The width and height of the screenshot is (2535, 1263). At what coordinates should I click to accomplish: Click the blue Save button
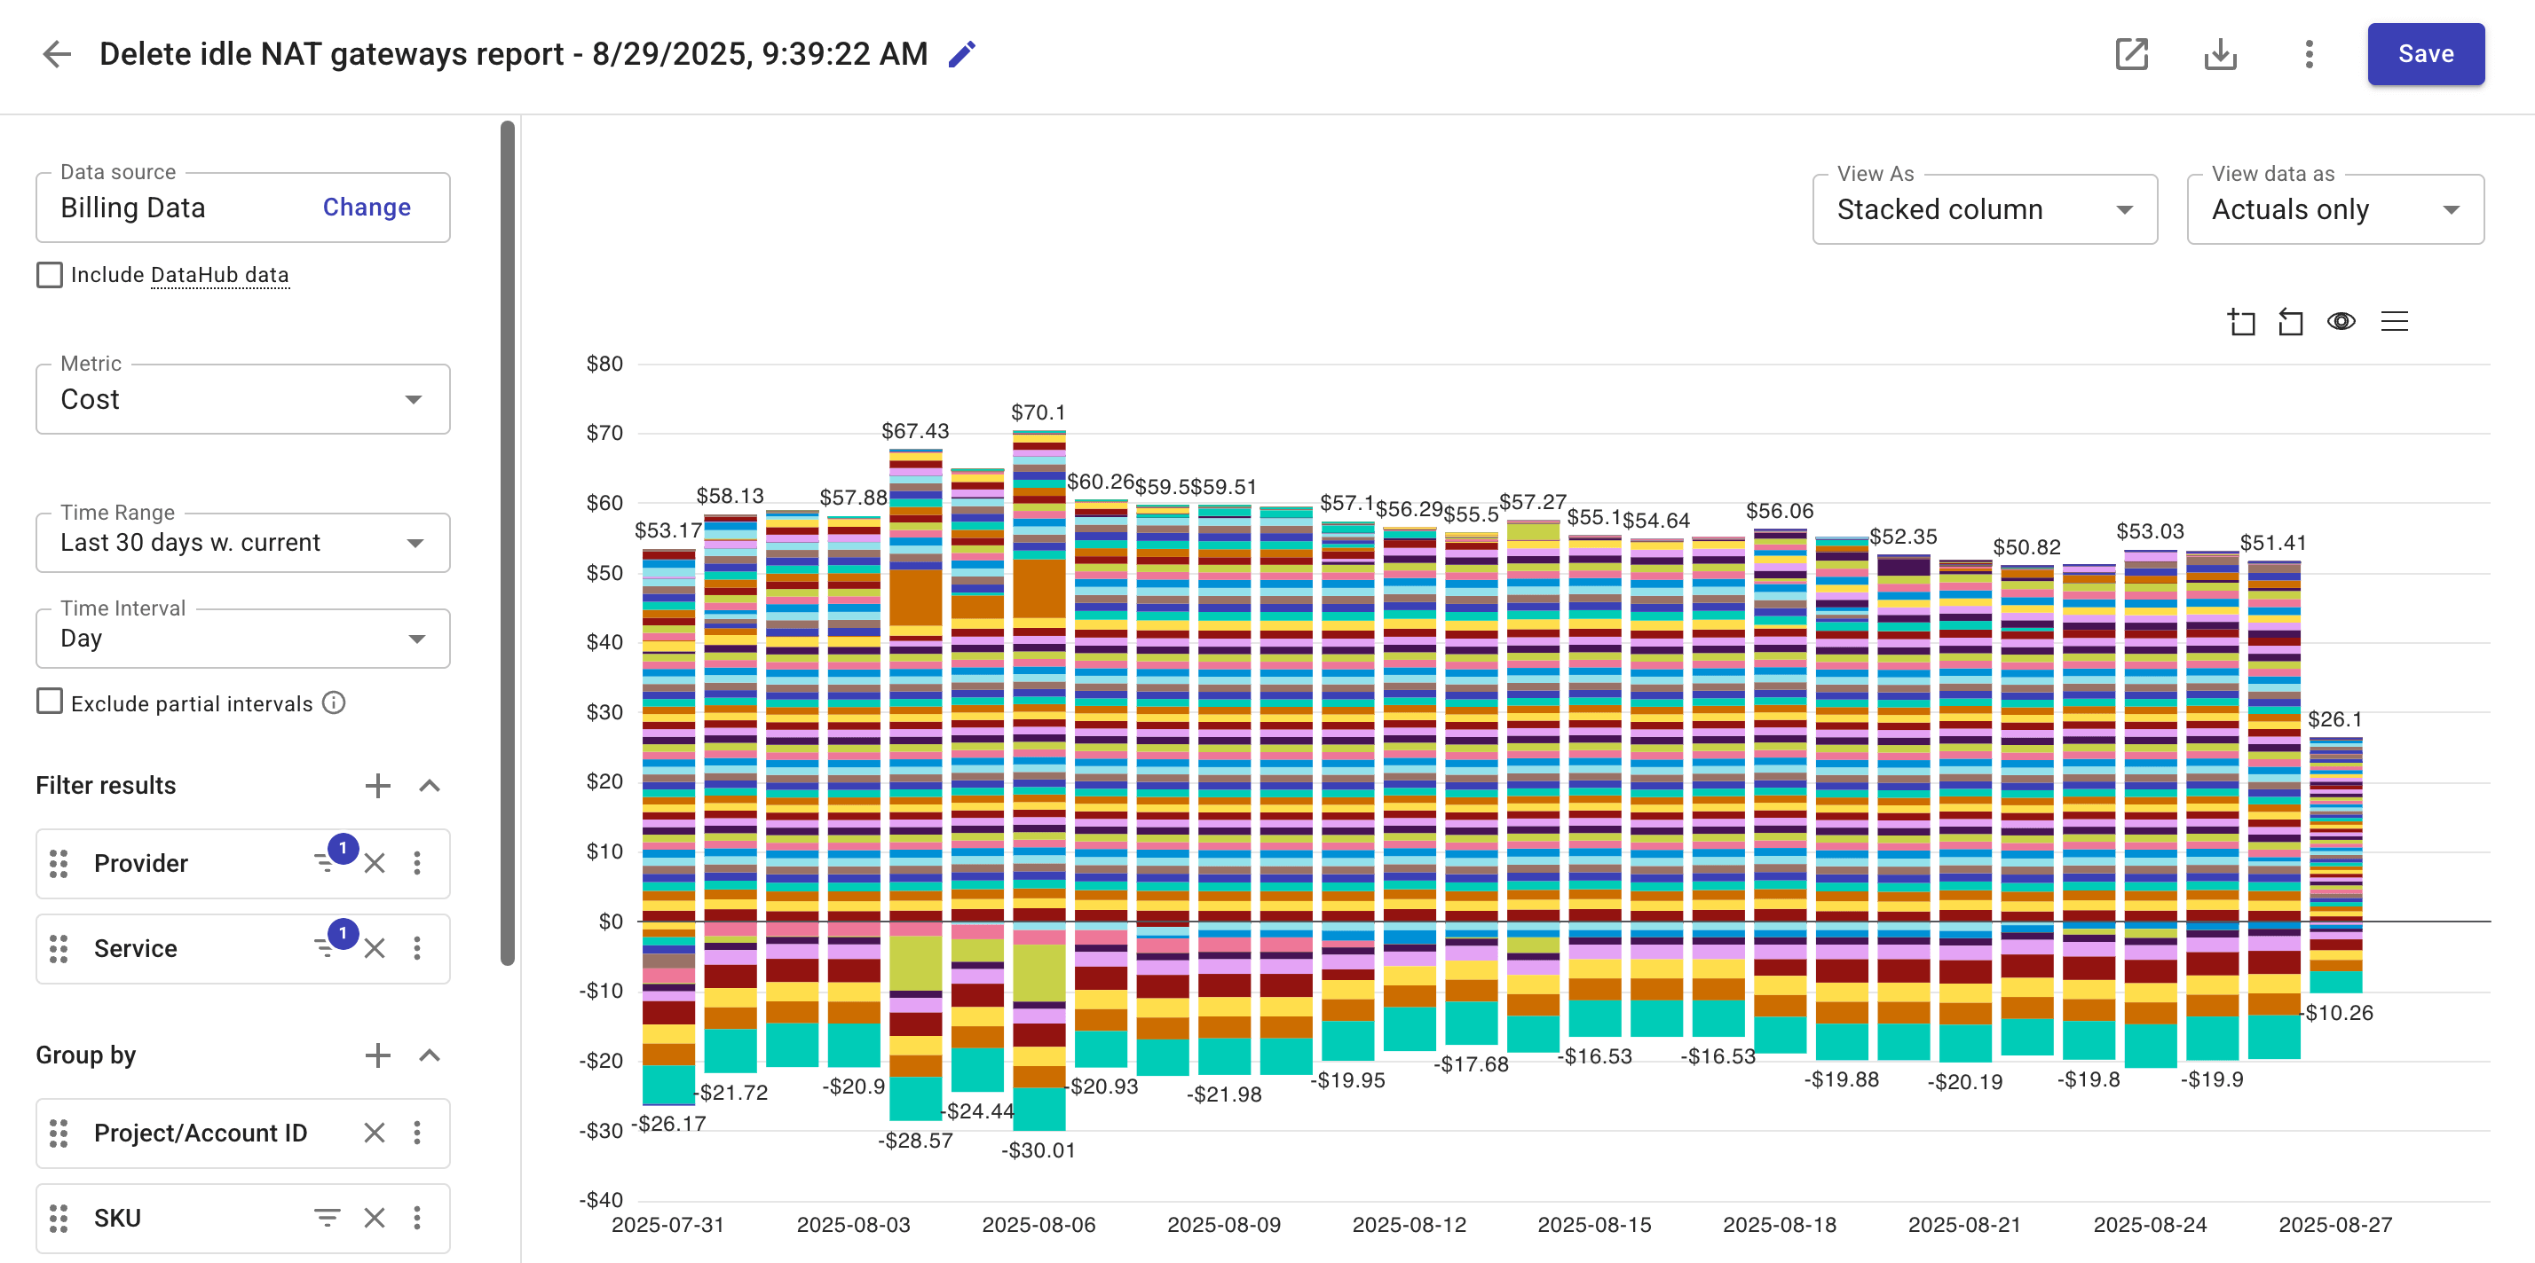point(2425,54)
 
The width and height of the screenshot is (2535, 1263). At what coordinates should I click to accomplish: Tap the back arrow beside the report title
point(57,54)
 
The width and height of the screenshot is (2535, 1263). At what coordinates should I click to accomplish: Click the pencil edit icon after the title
point(961,54)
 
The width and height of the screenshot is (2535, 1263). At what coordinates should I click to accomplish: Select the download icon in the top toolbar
point(2220,54)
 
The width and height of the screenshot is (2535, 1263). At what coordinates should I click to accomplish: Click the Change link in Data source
point(366,208)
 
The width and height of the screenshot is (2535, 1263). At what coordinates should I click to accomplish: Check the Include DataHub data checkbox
point(49,274)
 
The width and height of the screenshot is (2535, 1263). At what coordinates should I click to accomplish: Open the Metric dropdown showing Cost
point(242,399)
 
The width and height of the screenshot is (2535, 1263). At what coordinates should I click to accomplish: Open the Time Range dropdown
point(242,543)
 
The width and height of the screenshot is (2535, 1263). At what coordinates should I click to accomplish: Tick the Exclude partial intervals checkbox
point(49,702)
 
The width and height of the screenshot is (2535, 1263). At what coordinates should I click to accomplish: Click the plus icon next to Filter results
point(378,785)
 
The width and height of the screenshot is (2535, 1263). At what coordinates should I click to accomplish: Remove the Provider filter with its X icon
point(375,864)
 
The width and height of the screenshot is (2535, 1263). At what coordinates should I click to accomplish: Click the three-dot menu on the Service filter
point(417,948)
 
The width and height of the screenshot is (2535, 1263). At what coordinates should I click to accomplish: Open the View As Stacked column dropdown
point(1984,209)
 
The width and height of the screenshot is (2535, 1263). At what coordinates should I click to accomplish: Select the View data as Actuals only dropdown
point(2334,209)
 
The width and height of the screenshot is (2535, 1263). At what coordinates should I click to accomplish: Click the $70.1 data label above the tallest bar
point(1038,412)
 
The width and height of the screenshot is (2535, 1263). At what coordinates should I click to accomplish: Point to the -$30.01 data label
point(1038,1149)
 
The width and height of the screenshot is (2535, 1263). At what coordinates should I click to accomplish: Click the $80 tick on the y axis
point(604,364)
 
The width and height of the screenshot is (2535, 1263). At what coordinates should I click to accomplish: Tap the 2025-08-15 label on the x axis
point(1594,1225)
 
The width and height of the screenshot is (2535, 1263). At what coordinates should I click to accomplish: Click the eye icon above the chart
point(2342,322)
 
